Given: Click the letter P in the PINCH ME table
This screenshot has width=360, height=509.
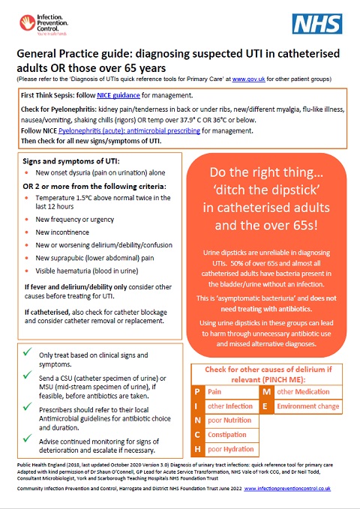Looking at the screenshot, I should point(197,391).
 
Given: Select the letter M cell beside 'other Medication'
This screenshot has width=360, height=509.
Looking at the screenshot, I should point(267,391).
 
